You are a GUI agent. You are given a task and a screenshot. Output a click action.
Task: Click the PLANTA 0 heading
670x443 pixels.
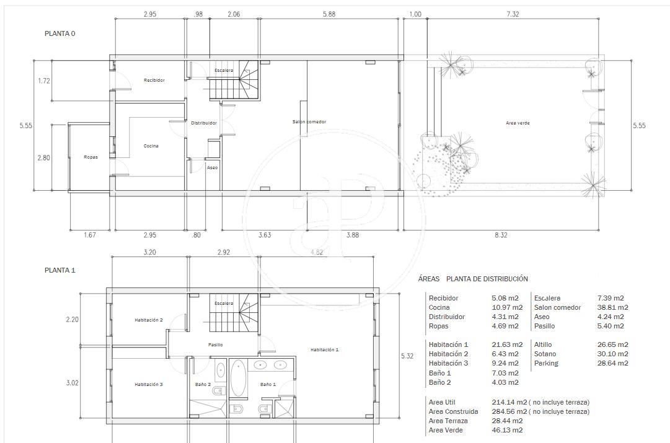(x=60, y=33)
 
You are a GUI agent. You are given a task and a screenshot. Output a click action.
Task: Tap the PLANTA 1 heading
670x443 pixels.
(x=60, y=270)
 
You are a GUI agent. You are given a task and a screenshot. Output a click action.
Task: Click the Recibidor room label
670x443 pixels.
(x=154, y=81)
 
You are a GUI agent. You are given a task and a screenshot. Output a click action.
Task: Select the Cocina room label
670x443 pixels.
(x=151, y=146)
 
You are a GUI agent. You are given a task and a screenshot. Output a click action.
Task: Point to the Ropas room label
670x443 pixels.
(x=90, y=157)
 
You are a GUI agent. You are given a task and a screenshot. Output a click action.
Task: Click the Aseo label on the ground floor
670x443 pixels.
(x=213, y=168)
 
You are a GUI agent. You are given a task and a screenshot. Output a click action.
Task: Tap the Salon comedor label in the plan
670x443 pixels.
(x=309, y=122)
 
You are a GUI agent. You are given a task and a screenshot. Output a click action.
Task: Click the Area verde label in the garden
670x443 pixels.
(x=518, y=123)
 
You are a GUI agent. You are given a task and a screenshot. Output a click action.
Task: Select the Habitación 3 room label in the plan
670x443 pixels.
(x=149, y=385)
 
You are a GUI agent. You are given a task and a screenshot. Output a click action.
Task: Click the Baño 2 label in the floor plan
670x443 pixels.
(x=203, y=385)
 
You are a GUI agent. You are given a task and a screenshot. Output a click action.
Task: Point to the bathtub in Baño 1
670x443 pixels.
(x=239, y=379)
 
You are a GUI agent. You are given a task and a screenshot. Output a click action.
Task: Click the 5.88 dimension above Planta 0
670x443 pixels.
(x=329, y=14)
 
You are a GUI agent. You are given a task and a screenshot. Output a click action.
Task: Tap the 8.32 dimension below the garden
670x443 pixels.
(x=501, y=235)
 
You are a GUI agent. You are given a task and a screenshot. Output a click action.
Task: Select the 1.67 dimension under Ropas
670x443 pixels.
(x=90, y=235)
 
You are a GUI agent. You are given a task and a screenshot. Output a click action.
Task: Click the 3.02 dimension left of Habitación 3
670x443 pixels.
(x=73, y=383)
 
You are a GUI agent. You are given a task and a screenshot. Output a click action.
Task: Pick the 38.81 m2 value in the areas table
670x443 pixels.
(x=612, y=307)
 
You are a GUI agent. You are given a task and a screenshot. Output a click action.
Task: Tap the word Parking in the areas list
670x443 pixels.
(x=546, y=364)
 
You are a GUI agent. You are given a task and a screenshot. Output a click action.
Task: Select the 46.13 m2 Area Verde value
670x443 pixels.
(x=507, y=430)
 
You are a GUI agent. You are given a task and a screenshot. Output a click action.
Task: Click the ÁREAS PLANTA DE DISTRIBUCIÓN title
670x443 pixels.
(x=473, y=279)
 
